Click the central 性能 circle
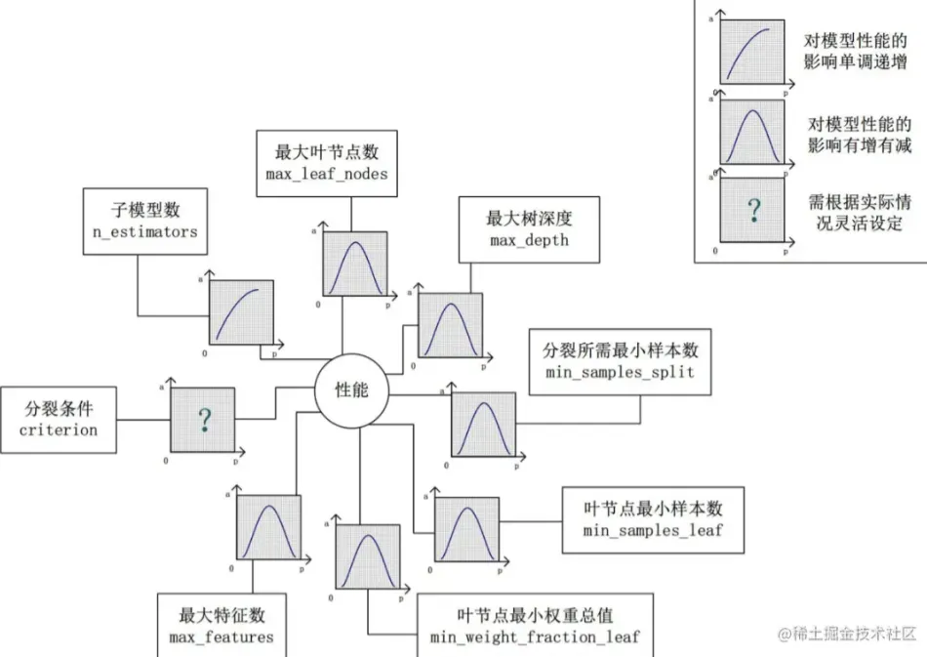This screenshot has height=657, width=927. click(352, 391)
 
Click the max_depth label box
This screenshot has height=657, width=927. click(529, 228)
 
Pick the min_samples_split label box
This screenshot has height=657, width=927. click(621, 361)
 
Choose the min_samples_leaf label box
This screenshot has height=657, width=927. click(652, 518)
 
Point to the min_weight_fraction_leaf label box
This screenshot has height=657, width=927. click(535, 626)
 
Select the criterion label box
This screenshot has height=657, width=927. click(60, 419)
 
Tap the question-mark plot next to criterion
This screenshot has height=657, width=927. click(204, 421)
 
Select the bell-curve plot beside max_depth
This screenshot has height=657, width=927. click(450, 324)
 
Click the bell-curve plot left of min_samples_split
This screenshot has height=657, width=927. click(483, 425)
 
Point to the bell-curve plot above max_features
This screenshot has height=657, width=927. click(267, 527)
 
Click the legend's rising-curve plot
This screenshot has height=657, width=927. click(751, 51)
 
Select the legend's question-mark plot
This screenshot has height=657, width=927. click(751, 210)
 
